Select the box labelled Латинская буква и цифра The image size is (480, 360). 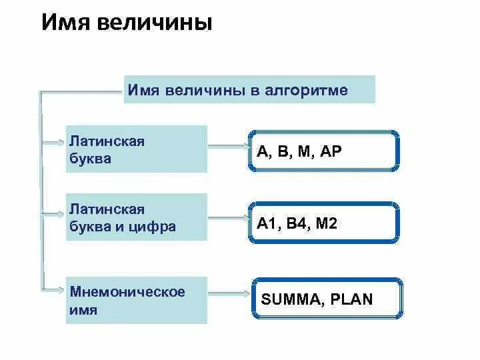click(136, 217)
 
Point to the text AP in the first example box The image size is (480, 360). click(331, 151)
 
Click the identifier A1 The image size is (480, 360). click(267, 224)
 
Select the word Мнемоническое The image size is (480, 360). click(127, 293)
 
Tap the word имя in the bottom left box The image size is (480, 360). click(83, 310)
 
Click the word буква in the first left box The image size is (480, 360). click(90, 159)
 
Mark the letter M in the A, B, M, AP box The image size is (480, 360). click(305, 151)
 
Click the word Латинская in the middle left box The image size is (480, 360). click(107, 210)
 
